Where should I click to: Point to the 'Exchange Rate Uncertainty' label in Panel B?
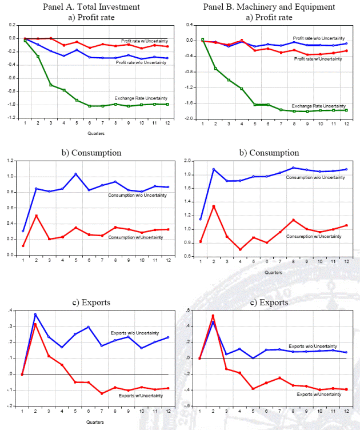coord(319,106)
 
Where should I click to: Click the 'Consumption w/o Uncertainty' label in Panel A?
coord(137,196)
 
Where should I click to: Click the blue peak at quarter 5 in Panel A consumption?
coord(75,174)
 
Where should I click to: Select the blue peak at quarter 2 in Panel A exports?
coord(35,314)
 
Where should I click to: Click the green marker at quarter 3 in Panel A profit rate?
coord(50,85)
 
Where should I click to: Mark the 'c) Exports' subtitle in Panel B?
coord(268,302)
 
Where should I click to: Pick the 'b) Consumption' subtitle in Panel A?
coord(91,153)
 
